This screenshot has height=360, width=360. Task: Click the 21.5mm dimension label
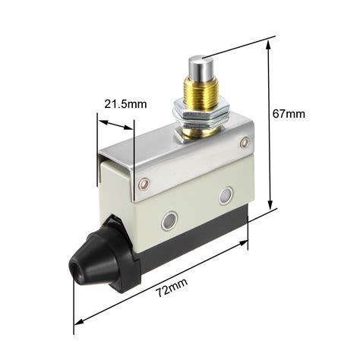pos(127,104)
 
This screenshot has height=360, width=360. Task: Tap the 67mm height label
pos(289,114)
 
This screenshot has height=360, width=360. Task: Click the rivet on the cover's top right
pos(244,142)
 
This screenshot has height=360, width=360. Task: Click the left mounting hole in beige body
pos(167,222)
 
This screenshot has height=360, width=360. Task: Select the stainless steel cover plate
pos(182,156)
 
